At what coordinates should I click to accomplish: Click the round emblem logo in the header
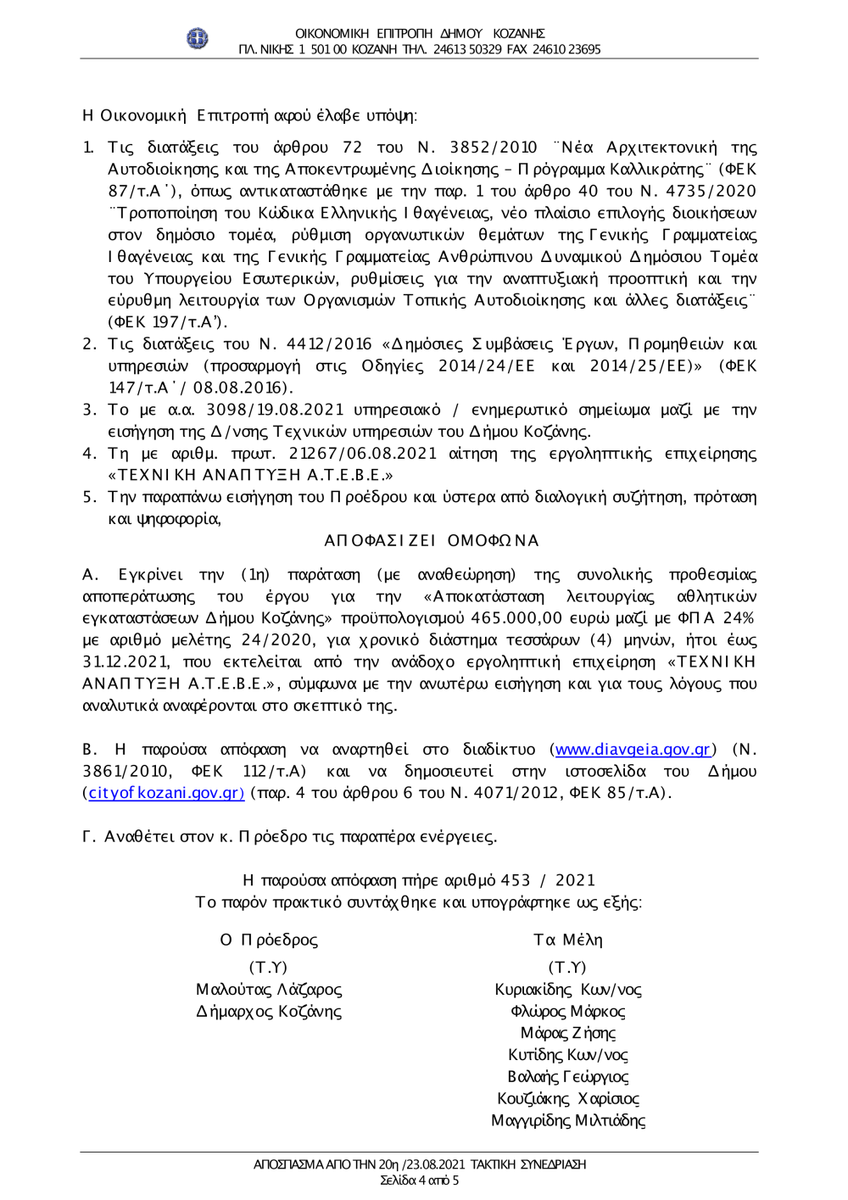(197, 38)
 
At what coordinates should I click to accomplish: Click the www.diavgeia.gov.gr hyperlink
(633, 750)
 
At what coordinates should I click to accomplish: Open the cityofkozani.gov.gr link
(166, 793)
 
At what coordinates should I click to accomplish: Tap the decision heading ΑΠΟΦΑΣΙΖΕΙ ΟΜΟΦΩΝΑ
(432, 541)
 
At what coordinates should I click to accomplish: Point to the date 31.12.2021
(126, 662)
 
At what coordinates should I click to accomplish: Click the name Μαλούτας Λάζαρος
(269, 990)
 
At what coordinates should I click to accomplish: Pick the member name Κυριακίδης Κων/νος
(568, 990)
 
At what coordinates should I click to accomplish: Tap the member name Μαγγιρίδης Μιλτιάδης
(568, 1120)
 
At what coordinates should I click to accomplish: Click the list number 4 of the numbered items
(89, 454)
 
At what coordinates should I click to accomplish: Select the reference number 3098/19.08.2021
(275, 410)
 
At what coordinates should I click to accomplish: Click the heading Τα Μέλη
(568, 940)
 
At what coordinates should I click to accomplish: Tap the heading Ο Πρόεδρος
(269, 940)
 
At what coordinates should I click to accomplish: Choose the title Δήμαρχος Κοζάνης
(269, 1012)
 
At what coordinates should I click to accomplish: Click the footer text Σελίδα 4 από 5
(419, 1180)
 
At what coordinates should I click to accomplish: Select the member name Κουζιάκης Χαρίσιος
(568, 1099)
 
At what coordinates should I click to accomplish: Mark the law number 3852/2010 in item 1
(494, 148)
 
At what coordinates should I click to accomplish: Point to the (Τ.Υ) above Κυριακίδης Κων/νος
(567, 968)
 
